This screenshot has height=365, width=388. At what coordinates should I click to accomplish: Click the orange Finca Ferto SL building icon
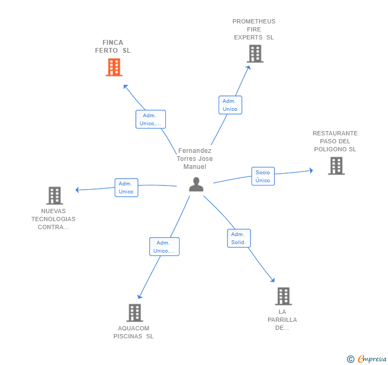[x=114, y=67]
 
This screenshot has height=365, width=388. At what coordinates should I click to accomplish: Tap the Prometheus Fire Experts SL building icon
[x=255, y=54]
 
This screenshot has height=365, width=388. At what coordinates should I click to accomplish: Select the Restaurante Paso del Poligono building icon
[x=336, y=166]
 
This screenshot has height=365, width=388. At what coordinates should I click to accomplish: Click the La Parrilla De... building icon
[x=283, y=296]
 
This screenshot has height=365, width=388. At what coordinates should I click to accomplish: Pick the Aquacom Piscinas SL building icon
[x=135, y=313]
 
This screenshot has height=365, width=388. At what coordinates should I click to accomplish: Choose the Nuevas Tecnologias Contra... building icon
[x=54, y=196]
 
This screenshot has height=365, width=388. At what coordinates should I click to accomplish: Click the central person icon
[x=196, y=184]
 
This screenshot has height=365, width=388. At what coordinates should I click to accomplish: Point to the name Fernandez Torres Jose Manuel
[x=195, y=159]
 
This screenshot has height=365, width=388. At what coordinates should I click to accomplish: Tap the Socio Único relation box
[x=263, y=176]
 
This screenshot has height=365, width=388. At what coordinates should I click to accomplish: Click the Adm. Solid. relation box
[x=238, y=238]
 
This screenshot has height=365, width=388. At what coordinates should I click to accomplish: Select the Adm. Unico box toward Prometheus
[x=230, y=105]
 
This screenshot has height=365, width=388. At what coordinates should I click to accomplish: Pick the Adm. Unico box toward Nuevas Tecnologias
[x=126, y=188]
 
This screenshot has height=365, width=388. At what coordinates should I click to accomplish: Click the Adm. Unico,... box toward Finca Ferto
[x=150, y=119]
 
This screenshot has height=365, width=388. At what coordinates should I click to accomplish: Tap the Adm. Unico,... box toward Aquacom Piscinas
[x=164, y=247]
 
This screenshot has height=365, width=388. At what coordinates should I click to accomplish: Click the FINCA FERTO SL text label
[x=112, y=46]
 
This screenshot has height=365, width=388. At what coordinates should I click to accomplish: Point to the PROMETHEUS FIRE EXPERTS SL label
[x=254, y=29]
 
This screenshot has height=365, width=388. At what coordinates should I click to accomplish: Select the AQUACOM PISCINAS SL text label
[x=133, y=332]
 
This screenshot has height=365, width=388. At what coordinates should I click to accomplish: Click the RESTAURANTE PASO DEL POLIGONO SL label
[x=335, y=141]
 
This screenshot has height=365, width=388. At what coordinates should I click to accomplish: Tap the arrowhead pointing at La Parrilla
[x=273, y=280]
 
